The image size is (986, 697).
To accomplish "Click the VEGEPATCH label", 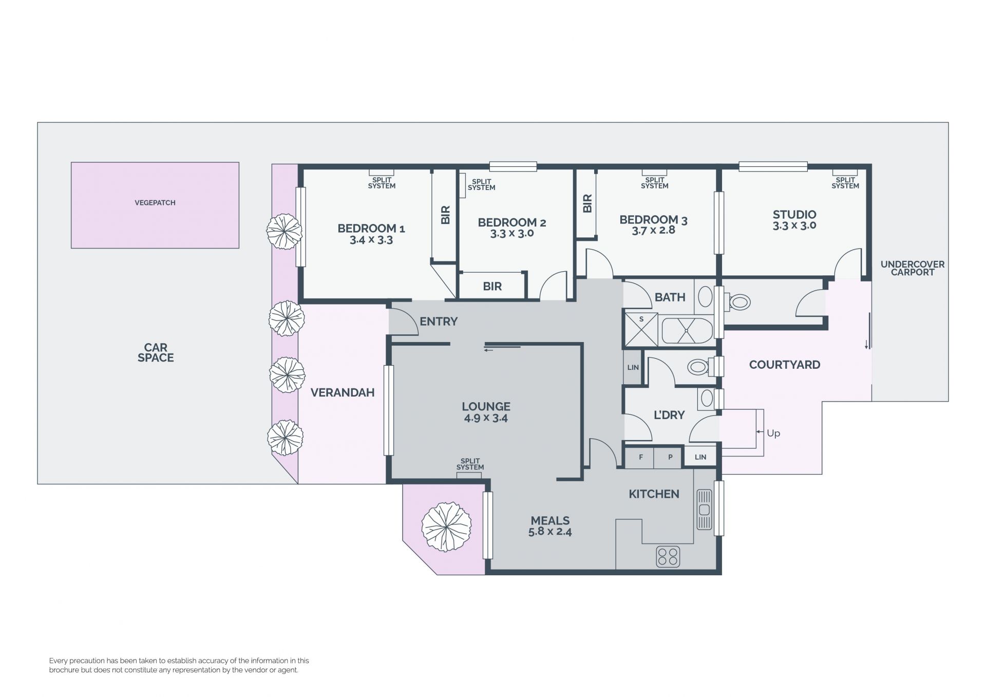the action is tap(155, 203).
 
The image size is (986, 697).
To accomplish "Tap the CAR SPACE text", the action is tap(156, 353).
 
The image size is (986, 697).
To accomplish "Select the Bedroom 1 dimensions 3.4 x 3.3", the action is tap(371, 240).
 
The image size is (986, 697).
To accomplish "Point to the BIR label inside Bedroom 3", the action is tap(587, 203).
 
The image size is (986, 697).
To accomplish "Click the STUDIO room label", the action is tap(794, 214).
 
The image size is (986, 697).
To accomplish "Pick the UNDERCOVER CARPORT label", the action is tap(913, 268).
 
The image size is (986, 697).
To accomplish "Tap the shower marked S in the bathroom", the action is tap(641, 329).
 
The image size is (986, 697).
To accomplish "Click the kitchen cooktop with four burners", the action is tap(668, 557).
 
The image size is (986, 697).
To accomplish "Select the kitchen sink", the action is tap(704, 510).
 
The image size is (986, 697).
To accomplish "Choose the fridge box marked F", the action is tap(640, 457).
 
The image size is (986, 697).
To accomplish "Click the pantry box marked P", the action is tap(670, 457).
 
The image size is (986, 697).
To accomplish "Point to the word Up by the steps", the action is tap(773, 433).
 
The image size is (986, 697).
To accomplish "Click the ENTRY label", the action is tap(439, 322).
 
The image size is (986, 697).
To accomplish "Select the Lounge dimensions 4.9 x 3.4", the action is tap(486, 418).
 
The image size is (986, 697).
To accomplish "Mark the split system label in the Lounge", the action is tap(470, 464).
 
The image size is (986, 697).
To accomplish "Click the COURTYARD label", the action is tap(785, 365).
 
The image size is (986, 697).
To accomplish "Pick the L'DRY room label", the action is tap(669, 415).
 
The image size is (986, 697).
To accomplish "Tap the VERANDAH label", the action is tap(343, 392).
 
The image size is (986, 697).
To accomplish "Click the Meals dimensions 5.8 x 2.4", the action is tap(550, 532).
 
